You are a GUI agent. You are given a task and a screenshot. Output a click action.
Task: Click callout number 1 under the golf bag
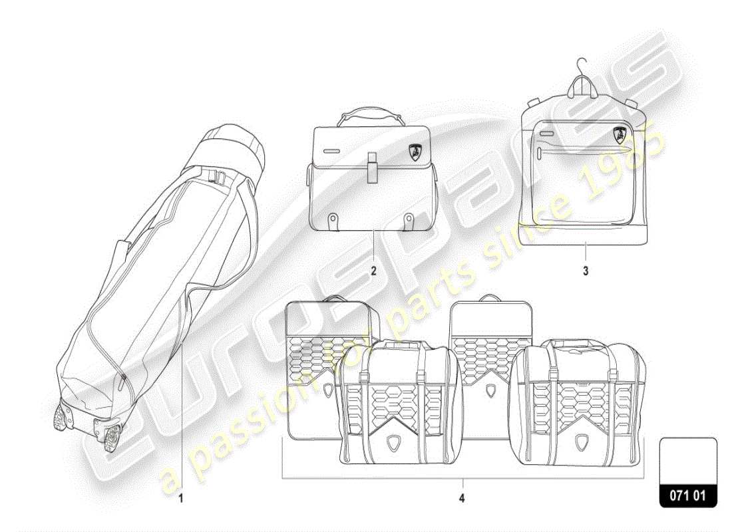(x=180, y=497)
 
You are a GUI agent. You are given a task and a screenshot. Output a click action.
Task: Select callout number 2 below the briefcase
(x=373, y=271)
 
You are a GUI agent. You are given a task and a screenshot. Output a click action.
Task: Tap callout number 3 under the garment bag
(x=586, y=271)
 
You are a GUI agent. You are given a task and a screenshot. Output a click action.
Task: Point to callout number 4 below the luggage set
(x=461, y=497)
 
